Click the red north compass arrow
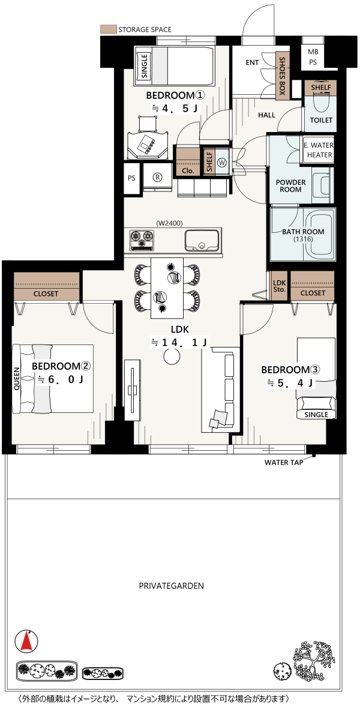point(26,641)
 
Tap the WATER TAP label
point(283,462)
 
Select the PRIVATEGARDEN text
point(171,586)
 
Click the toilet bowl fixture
point(321,102)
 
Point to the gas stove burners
point(142,240)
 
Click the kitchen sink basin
point(202,240)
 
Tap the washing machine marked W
point(222,161)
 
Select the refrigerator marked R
point(157,178)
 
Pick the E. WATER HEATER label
point(318,150)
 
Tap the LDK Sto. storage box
point(280,286)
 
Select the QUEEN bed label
point(17,379)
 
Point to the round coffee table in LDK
point(171,357)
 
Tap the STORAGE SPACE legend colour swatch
point(107,29)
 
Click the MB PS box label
point(313,57)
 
